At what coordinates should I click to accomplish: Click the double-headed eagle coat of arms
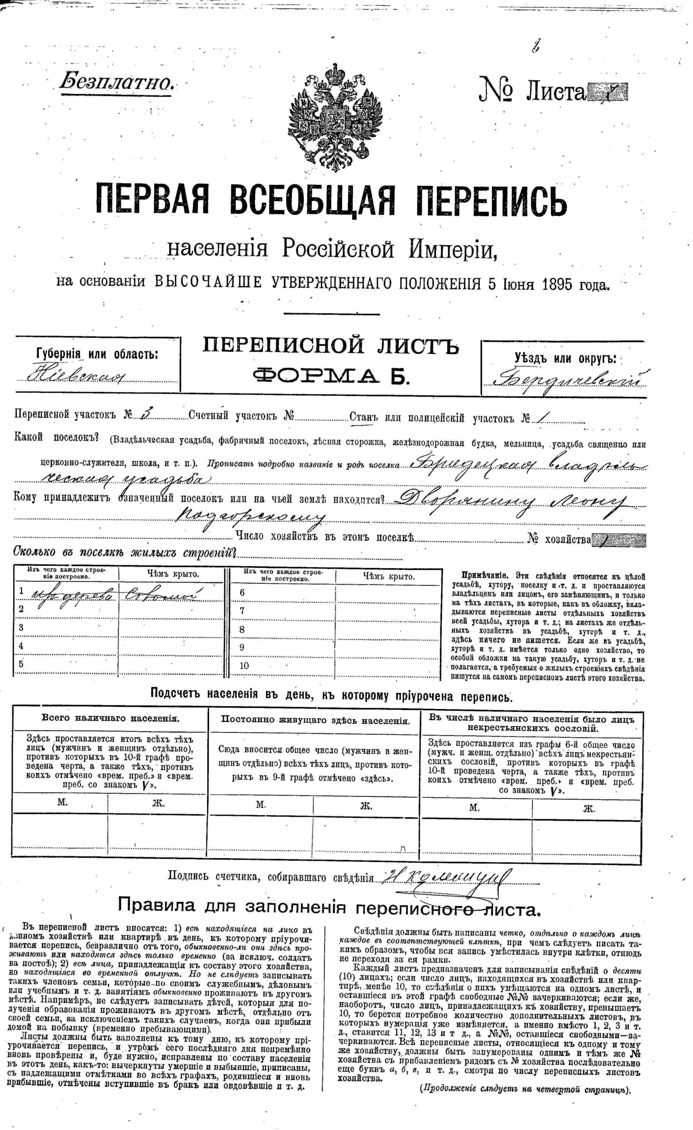click(335, 117)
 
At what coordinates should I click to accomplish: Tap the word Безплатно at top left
click(117, 82)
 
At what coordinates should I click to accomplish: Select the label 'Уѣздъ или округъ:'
click(565, 359)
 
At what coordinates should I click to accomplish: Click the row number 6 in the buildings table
click(242, 592)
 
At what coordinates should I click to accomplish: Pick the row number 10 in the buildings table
click(244, 665)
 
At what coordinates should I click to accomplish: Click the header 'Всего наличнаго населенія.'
click(110, 718)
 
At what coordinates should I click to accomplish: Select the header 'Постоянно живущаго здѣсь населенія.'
click(315, 720)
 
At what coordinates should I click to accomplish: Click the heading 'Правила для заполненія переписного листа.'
click(329, 906)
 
